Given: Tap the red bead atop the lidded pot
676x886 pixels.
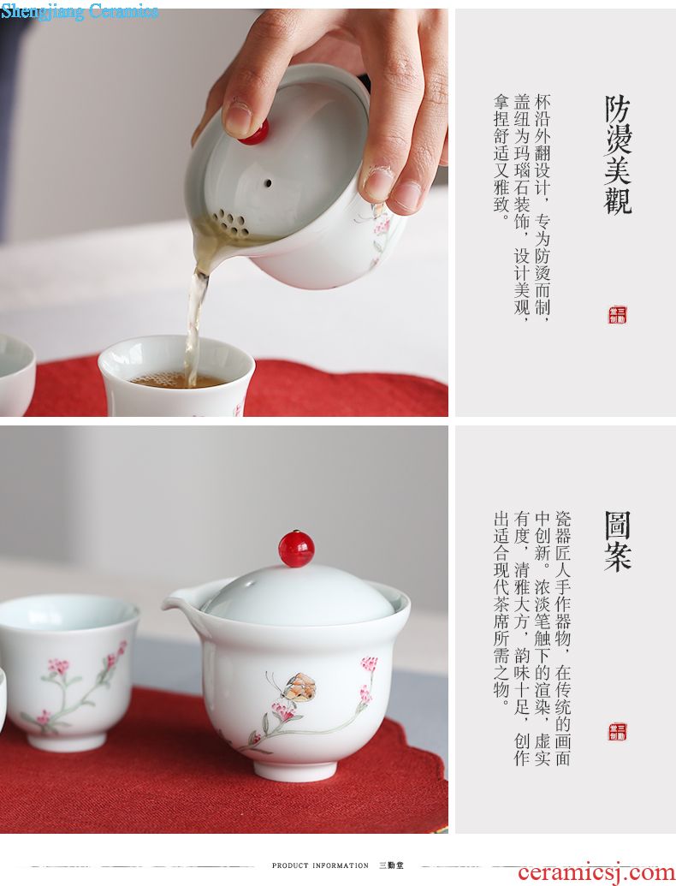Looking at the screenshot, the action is (x=296, y=548).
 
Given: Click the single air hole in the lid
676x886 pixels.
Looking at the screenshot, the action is (x=268, y=183).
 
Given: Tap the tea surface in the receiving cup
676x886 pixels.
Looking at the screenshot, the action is (x=178, y=379).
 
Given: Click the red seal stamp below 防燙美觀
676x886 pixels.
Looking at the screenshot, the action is (x=617, y=315).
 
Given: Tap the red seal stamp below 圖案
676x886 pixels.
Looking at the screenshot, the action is (x=617, y=731).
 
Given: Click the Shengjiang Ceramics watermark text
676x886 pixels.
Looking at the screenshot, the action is (x=80, y=11).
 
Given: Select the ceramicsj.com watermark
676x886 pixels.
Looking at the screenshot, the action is (x=596, y=872).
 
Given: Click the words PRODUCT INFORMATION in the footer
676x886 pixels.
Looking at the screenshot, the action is (x=320, y=865).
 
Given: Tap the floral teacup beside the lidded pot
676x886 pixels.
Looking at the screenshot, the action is (x=68, y=671).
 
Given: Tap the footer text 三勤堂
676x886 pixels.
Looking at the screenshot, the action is (x=391, y=865).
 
